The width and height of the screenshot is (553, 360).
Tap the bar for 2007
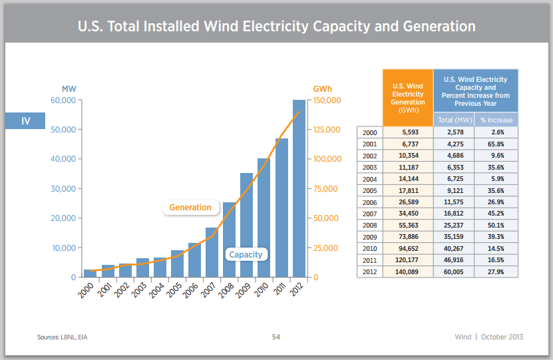(x=212, y=252)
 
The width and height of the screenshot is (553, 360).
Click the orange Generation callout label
(x=190, y=208)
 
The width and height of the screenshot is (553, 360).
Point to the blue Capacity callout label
(x=246, y=254)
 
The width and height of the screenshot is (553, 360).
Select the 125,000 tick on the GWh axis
(x=327, y=130)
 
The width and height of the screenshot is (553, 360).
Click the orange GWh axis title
(x=322, y=89)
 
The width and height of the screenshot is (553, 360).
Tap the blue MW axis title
(x=69, y=89)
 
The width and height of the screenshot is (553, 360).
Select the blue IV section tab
(x=25, y=121)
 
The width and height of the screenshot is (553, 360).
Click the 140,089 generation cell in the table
(x=408, y=271)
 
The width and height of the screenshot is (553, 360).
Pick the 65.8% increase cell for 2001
(x=496, y=144)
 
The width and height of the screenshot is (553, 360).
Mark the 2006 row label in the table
(x=370, y=202)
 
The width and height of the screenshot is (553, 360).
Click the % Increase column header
(x=496, y=120)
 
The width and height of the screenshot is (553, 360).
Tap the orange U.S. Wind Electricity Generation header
(x=408, y=97)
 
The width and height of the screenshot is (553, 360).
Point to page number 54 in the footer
(x=276, y=337)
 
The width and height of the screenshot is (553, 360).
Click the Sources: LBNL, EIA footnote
(x=63, y=337)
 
